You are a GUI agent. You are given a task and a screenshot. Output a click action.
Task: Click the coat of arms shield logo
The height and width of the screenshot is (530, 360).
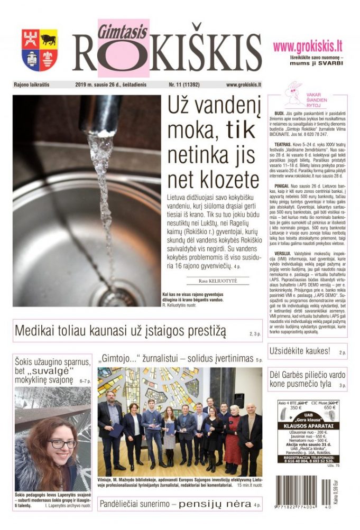click(40, 50)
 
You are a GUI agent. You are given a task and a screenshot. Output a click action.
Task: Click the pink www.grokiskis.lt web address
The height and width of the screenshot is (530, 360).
click(308, 47)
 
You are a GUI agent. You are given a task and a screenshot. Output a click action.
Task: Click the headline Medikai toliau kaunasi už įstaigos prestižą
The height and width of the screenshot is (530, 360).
click(120, 331)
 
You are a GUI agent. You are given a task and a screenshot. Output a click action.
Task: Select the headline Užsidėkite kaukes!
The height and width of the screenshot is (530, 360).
click(299, 351)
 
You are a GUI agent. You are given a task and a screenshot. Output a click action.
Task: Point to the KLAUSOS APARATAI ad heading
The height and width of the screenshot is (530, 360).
click(307, 425)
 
